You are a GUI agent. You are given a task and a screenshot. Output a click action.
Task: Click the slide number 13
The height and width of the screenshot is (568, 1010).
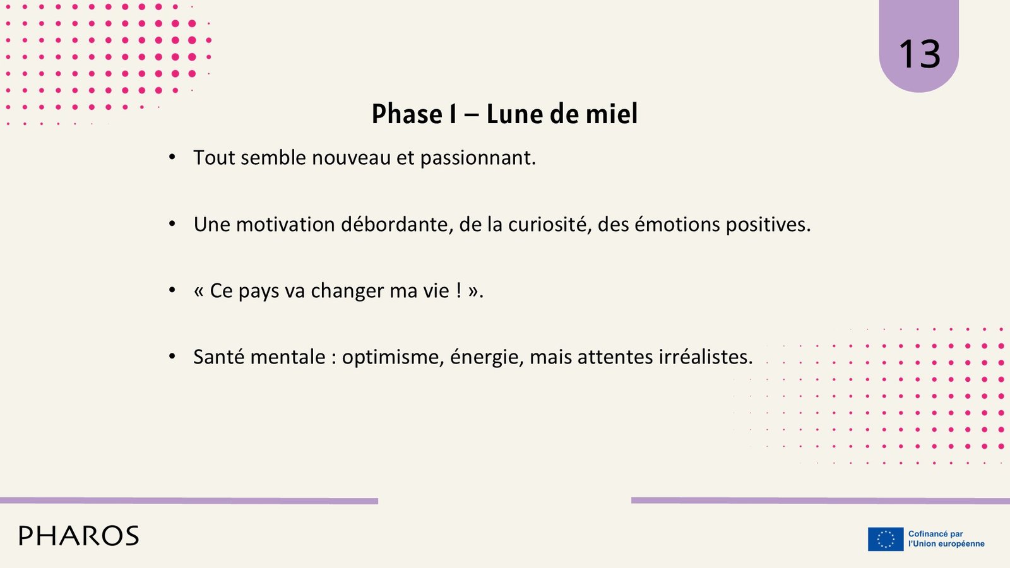coord(919,54)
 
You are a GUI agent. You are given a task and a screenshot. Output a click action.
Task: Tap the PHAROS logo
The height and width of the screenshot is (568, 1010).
coord(79,536)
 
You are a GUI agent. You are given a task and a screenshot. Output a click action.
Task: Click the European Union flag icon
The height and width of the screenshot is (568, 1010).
coord(886,539)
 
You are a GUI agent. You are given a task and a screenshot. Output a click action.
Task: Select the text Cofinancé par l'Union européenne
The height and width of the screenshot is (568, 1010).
coord(946,539)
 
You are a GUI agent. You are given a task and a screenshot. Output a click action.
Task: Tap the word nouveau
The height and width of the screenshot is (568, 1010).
coord(351,158)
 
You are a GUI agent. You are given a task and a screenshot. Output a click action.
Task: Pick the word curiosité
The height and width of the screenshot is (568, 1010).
coord(550,225)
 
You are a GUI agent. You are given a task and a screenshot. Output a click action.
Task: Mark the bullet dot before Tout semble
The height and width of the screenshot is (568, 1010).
coord(172,157)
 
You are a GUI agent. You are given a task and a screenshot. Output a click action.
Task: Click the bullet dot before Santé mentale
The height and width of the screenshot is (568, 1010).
coord(172,357)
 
